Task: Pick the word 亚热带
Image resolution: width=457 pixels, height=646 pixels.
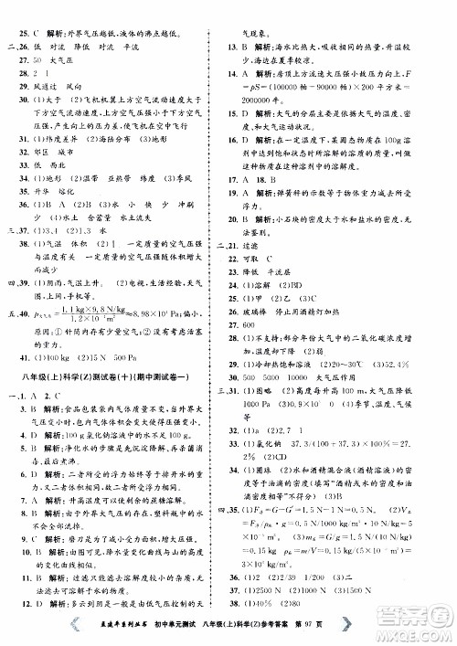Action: pyautogui.click(x=117, y=172)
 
